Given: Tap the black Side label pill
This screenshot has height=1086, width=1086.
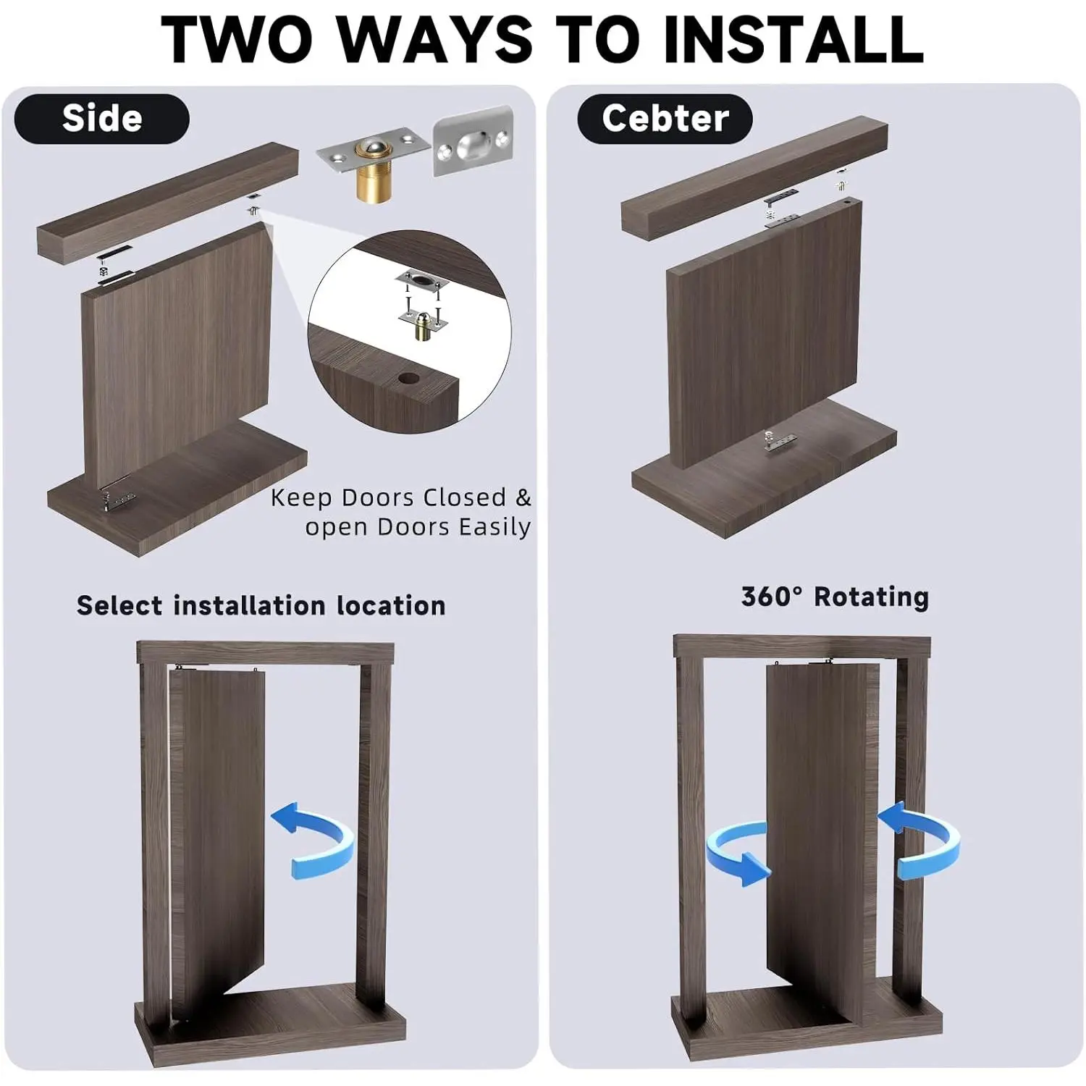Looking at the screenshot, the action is pyautogui.click(x=102, y=119).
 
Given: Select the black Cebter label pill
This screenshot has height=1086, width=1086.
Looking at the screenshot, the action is pyautogui.click(x=665, y=119).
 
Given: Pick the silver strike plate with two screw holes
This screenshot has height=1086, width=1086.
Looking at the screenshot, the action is pyautogui.click(x=473, y=142).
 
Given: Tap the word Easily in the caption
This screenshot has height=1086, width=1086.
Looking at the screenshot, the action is pyautogui.click(x=494, y=527).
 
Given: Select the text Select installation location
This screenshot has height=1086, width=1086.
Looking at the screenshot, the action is pyautogui.click(x=261, y=605).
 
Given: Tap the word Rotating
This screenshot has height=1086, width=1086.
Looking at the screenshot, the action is pyautogui.click(x=872, y=597).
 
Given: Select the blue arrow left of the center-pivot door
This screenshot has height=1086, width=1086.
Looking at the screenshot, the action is pyautogui.click(x=735, y=854).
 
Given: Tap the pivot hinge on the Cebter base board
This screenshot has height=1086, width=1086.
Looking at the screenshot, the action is pyautogui.click(x=780, y=441).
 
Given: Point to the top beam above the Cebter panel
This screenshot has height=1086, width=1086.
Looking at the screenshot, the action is pyautogui.click(x=754, y=178).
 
